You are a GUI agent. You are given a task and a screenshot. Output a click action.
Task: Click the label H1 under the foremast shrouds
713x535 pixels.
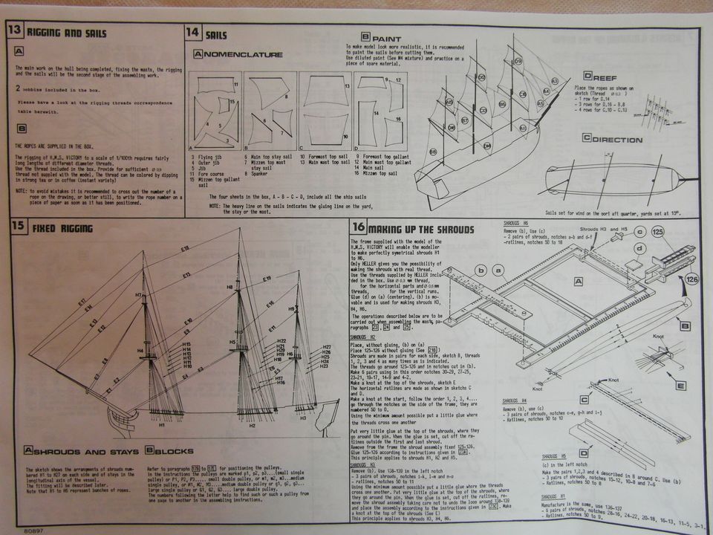pos(162,426)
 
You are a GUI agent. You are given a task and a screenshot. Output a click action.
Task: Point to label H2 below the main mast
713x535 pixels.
pos(252,426)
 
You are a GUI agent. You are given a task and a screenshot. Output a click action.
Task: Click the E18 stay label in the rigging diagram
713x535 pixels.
pos(185,247)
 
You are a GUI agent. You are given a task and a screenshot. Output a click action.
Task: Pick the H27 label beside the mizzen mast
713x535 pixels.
pos(326,347)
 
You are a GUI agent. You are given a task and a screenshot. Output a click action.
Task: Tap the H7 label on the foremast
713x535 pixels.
pos(139,295)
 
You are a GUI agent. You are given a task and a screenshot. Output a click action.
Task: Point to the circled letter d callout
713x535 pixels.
pos(639,249)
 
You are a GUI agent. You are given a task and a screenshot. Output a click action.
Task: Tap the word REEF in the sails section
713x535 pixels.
pos(608,77)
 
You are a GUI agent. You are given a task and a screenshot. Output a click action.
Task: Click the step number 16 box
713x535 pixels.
pos(358,228)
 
